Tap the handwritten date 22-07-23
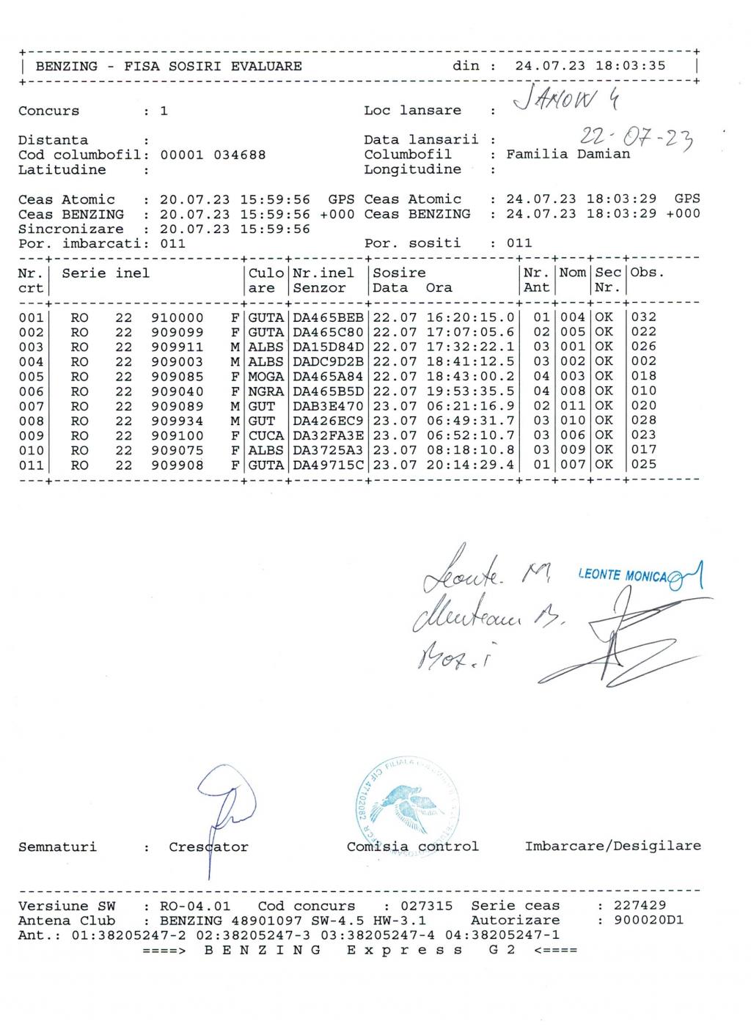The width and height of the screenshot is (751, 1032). (637, 136)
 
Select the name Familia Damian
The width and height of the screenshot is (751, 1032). (568, 155)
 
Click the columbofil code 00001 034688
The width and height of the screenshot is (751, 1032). (213, 155)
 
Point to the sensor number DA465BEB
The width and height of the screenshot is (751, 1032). (328, 317)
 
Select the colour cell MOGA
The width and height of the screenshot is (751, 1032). (265, 376)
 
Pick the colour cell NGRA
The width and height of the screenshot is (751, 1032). (265, 391)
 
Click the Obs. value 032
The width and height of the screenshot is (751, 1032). (643, 317)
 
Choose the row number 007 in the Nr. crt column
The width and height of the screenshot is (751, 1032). (31, 406)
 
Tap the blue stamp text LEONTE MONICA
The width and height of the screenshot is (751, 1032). (623, 576)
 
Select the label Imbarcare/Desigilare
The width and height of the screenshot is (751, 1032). (612, 847)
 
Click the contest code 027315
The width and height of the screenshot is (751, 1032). (427, 906)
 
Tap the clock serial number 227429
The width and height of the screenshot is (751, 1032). (640, 906)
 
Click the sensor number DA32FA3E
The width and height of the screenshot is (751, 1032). (328, 435)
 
